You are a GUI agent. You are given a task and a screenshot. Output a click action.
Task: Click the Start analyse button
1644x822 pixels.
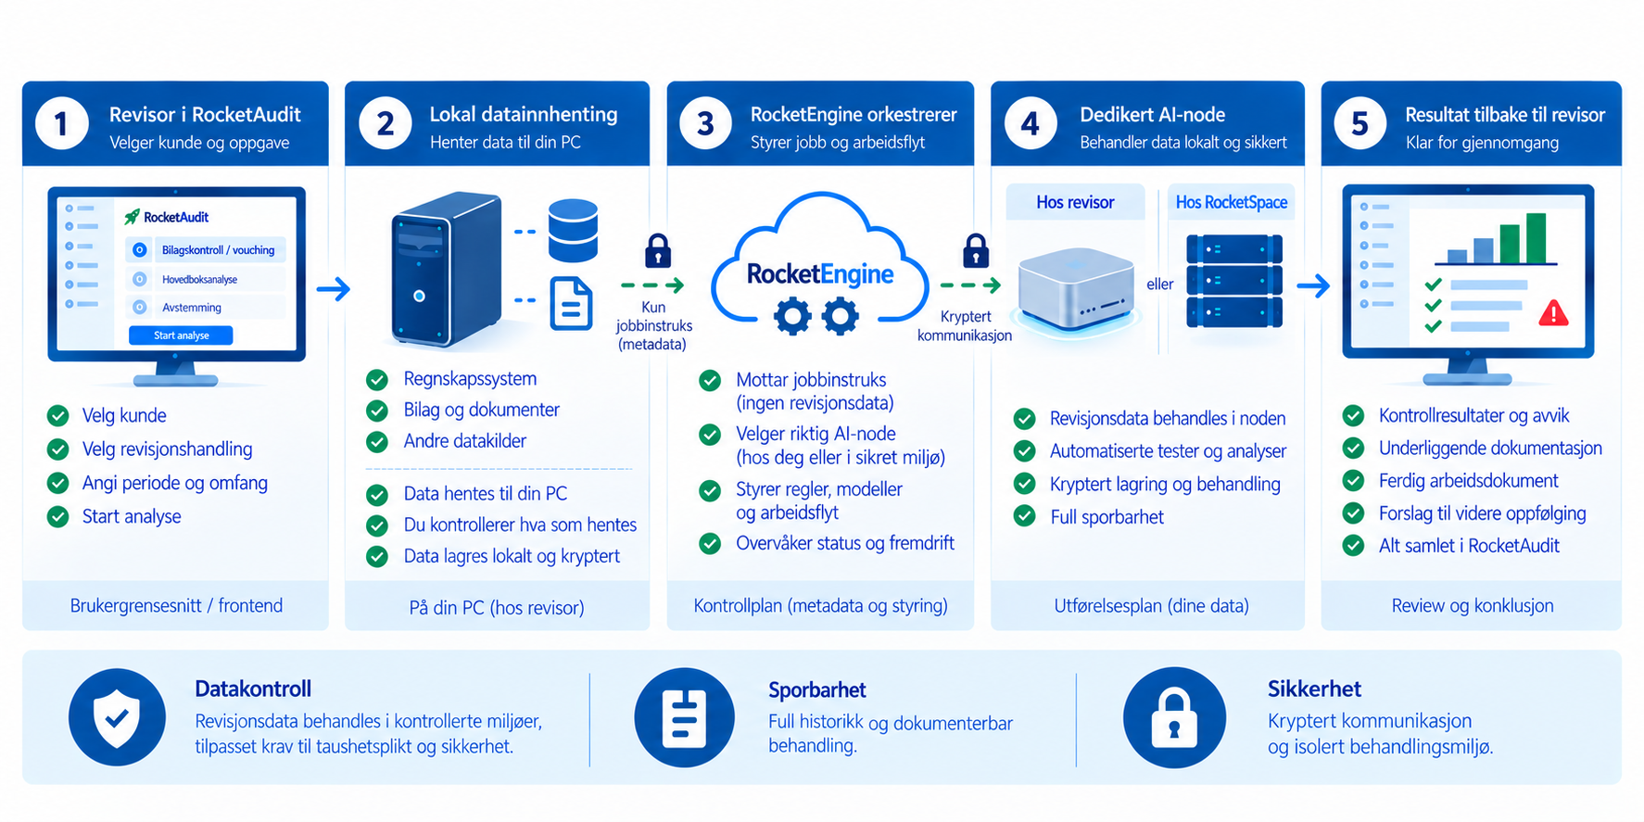tap(181, 335)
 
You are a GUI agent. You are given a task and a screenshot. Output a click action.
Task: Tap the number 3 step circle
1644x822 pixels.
tap(706, 123)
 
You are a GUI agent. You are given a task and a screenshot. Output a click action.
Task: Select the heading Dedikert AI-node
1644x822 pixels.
tap(1152, 115)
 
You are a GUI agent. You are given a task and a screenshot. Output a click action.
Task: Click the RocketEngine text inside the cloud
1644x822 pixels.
tap(820, 274)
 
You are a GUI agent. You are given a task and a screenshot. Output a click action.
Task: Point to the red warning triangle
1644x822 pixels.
tap(1553, 313)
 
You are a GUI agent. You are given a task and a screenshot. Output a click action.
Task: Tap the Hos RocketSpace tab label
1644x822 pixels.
tap(1232, 202)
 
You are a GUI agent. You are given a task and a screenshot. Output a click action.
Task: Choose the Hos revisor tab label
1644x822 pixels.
tap(1075, 202)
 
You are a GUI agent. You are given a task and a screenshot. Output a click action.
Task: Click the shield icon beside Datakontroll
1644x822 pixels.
tap(117, 717)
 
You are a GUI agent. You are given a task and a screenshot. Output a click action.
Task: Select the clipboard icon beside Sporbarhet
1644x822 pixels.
tap(684, 717)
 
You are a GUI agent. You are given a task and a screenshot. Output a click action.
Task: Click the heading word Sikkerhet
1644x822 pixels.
tap(1314, 689)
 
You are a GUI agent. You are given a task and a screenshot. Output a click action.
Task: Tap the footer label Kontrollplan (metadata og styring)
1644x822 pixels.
tap(821, 605)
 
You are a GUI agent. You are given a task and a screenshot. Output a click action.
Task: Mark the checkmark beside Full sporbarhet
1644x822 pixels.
tap(1024, 516)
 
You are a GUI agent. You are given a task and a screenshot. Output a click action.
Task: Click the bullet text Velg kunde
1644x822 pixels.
tap(124, 415)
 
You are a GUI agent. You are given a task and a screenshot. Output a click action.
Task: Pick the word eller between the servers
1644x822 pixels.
tap(1160, 285)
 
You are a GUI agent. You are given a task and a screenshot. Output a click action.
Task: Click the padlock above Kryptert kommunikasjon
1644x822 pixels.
tap(976, 250)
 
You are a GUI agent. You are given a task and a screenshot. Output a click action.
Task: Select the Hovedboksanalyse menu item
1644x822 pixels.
tap(199, 279)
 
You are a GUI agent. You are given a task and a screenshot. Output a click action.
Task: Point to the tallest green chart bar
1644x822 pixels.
tap(1536, 238)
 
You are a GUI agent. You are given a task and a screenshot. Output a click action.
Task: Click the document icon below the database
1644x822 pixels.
tap(572, 303)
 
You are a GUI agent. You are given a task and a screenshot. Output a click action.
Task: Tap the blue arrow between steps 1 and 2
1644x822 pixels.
tap(334, 289)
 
